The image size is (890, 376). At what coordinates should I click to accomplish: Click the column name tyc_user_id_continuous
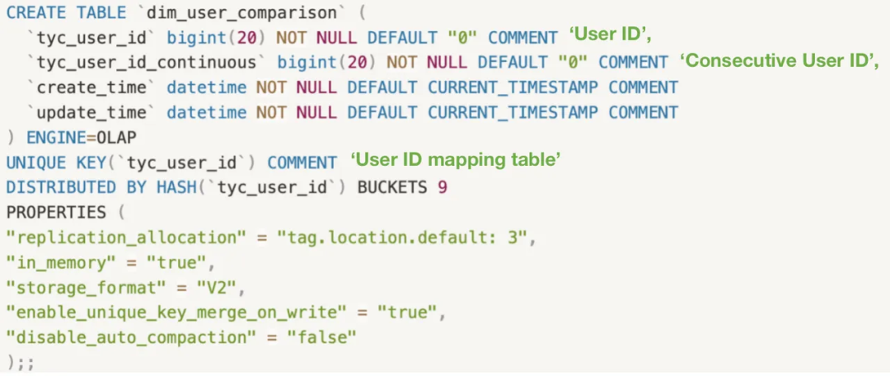point(146,63)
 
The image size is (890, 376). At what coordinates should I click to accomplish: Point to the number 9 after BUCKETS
point(443,188)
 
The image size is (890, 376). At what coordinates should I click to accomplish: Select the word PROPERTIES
point(56,213)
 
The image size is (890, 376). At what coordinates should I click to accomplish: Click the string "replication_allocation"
point(127,238)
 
